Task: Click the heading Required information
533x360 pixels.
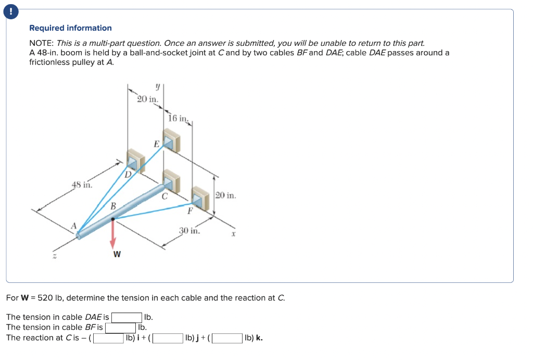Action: (x=70, y=28)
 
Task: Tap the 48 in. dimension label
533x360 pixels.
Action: (x=82, y=184)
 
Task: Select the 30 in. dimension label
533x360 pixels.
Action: (x=189, y=230)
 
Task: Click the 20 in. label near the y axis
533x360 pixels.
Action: (x=148, y=99)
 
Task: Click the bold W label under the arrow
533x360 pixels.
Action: (x=117, y=254)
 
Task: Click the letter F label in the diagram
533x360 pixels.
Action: (x=190, y=211)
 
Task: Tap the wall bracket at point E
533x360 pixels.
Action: (x=171, y=140)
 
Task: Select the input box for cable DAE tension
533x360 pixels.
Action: (x=126, y=317)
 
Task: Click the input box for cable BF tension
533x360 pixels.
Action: (x=120, y=328)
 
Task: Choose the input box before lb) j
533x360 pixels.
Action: (x=167, y=338)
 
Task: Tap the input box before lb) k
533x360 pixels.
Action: (x=227, y=338)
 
